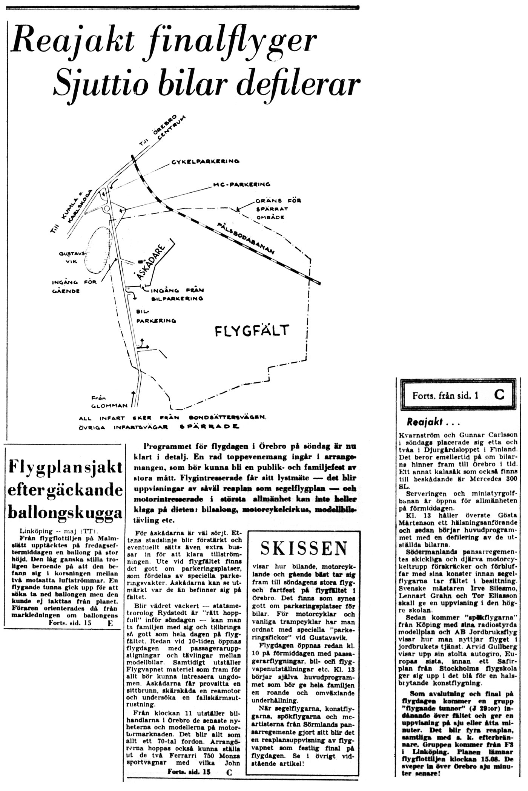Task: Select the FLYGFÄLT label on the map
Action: coord(252,331)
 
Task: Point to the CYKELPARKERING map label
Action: coord(205,162)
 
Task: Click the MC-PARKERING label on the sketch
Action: coord(242,185)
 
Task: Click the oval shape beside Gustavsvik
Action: coord(100,251)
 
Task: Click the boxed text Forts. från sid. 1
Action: coord(445,396)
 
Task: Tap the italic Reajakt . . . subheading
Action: coord(433,422)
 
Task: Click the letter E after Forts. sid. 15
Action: coord(110,623)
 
